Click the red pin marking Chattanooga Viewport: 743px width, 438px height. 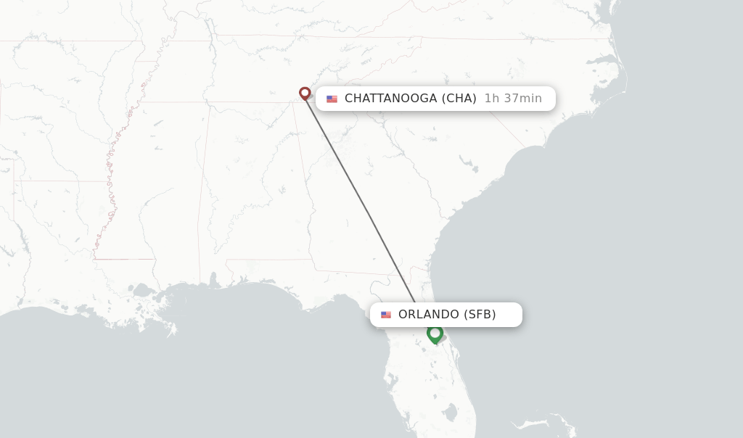coord(305,93)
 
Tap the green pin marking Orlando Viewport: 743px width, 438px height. coord(435,334)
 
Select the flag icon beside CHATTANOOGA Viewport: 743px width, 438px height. coord(332,99)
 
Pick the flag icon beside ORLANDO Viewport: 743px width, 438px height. coord(386,315)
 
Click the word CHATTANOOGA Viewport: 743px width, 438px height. coord(390,99)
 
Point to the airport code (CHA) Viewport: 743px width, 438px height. coord(459,99)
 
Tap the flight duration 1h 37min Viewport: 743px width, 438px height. coord(513,99)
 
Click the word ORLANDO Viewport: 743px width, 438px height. coord(429,315)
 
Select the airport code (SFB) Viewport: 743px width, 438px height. coord(480,315)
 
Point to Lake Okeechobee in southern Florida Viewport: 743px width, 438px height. coord(451,413)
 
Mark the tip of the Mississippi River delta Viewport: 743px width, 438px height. coord(171,334)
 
